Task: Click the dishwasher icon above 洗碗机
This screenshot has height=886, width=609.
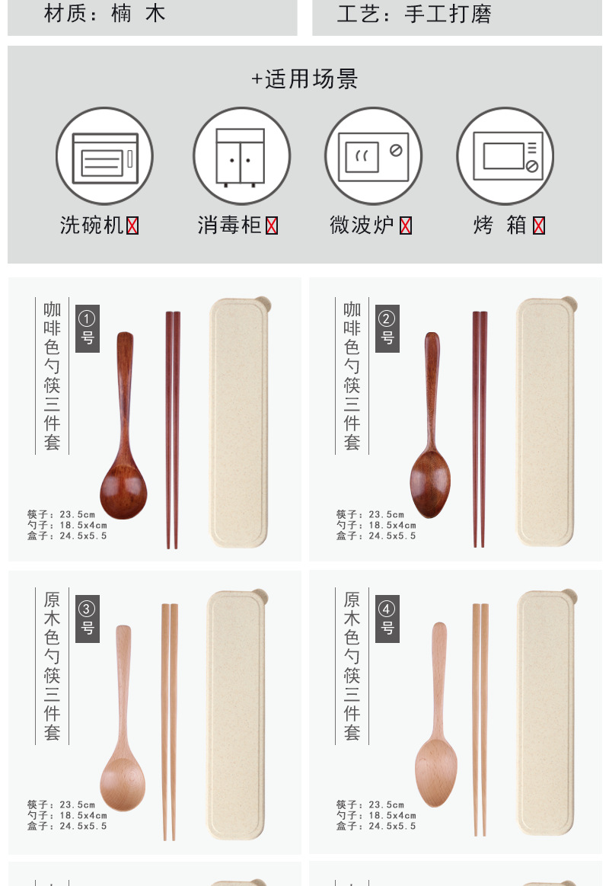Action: pyautogui.click(x=104, y=156)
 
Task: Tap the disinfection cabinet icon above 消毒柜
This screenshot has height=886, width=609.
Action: pyautogui.click(x=241, y=156)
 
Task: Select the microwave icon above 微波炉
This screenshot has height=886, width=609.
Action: pyautogui.click(x=373, y=156)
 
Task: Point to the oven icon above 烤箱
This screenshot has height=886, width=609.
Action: pyautogui.click(x=505, y=156)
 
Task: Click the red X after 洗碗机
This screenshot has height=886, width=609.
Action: pyautogui.click(x=132, y=225)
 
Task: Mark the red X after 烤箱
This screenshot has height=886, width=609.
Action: pyautogui.click(x=539, y=225)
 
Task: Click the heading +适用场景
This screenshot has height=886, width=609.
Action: pyautogui.click(x=304, y=78)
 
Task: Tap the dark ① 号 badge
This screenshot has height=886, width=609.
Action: pyautogui.click(x=88, y=328)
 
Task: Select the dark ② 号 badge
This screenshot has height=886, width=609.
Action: pyautogui.click(x=387, y=328)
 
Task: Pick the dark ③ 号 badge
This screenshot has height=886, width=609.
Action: pyautogui.click(x=88, y=618)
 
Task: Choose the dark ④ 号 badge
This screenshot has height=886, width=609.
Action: pyautogui.click(x=387, y=618)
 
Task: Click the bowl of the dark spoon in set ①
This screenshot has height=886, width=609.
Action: pyautogui.click(x=123, y=488)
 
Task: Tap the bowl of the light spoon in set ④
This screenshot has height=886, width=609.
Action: pyautogui.click(x=436, y=762)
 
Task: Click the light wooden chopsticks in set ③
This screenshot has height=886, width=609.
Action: pyautogui.click(x=169, y=720)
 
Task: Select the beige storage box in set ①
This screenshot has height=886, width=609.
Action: pyautogui.click(x=238, y=423)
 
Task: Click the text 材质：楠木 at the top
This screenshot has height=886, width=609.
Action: pyautogui.click(x=105, y=14)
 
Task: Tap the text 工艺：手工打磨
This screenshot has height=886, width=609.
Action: pyautogui.click(x=414, y=14)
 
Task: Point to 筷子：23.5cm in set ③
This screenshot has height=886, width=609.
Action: pyautogui.click(x=62, y=804)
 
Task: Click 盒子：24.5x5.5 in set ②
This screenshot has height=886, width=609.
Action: pyautogui.click(x=376, y=536)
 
